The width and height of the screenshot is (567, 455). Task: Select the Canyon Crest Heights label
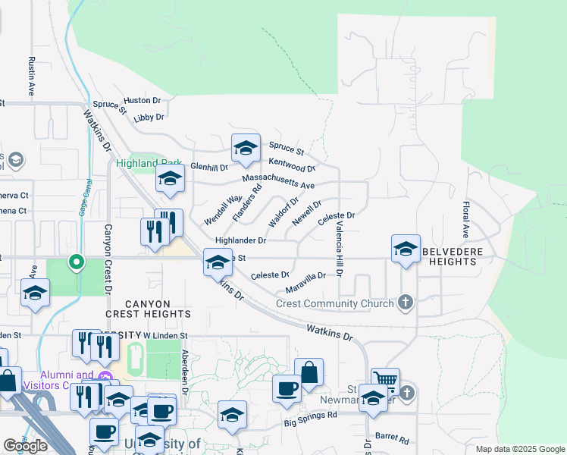point(149,308)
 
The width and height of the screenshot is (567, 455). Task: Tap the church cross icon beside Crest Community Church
point(406,303)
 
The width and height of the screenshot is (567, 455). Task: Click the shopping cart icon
point(385,379)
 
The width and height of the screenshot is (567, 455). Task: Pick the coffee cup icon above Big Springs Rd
point(287,388)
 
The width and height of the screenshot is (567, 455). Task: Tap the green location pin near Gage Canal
point(77,262)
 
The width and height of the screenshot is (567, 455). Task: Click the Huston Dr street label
point(143,100)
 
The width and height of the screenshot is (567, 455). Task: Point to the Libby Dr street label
point(149,118)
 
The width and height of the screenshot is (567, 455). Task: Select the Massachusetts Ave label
point(278,181)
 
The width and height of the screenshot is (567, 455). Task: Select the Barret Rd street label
point(392,439)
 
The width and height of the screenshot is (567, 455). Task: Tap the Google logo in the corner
point(25,446)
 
